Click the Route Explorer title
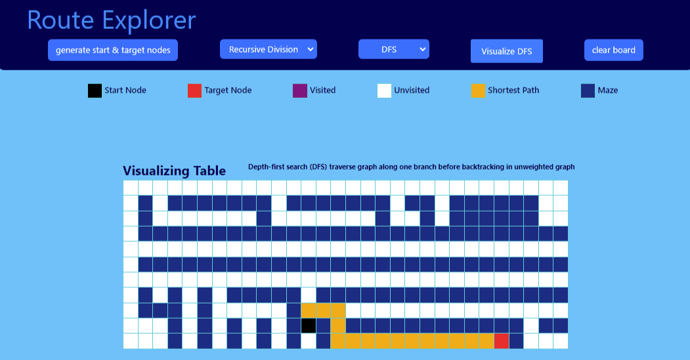coord(111,20)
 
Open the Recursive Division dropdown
coord(268,49)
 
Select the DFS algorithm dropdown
coord(393,49)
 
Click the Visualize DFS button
coord(506,51)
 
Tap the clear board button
coord(613,50)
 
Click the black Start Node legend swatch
coord(95,91)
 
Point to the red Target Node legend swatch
coord(194,91)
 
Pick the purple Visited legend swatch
coord(300,91)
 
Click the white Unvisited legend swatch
coord(384,91)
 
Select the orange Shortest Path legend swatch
coord(478,91)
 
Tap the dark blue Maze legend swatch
coord(588,91)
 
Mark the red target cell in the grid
coord(502,341)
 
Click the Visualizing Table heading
coord(174,171)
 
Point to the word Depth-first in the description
coord(269,167)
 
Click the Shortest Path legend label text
coord(513,91)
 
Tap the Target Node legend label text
coord(228,91)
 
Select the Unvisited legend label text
coord(412,91)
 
